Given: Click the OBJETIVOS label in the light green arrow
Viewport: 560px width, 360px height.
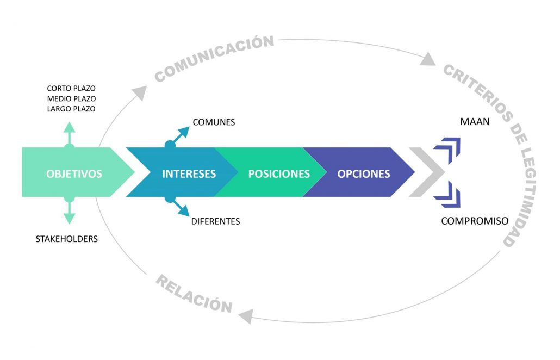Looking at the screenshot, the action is pyautogui.click(x=74, y=174).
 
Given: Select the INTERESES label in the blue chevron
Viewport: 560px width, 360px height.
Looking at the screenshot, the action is pyautogui.click(x=189, y=174).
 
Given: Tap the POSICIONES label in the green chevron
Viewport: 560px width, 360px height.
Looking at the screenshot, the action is pyautogui.click(x=279, y=174).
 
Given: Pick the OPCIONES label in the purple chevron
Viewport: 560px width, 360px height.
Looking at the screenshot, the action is pyautogui.click(x=364, y=174).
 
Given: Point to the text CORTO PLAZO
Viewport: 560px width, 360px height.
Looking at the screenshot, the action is pyautogui.click(x=71, y=88).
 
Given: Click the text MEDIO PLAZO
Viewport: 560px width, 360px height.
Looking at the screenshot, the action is pyautogui.click(x=71, y=98).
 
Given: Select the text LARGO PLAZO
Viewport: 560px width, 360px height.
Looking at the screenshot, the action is pyautogui.click(x=71, y=109).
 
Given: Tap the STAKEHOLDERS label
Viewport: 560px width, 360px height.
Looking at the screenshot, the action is pyautogui.click(x=67, y=239).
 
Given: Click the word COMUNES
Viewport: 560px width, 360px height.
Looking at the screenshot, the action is pyautogui.click(x=214, y=122).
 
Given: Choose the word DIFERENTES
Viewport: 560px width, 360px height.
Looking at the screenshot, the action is pyautogui.click(x=216, y=221).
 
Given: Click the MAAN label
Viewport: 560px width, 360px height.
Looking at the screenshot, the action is pyautogui.click(x=475, y=122).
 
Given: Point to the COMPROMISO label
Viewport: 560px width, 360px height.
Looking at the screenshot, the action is pyautogui.click(x=475, y=221).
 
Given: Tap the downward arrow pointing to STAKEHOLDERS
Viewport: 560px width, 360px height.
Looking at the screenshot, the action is pyautogui.click(x=69, y=210).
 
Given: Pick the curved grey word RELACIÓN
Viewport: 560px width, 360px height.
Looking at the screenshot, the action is pyautogui.click(x=194, y=294).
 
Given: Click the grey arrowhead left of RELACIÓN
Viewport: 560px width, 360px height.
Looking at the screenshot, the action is pyautogui.click(x=246, y=316).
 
